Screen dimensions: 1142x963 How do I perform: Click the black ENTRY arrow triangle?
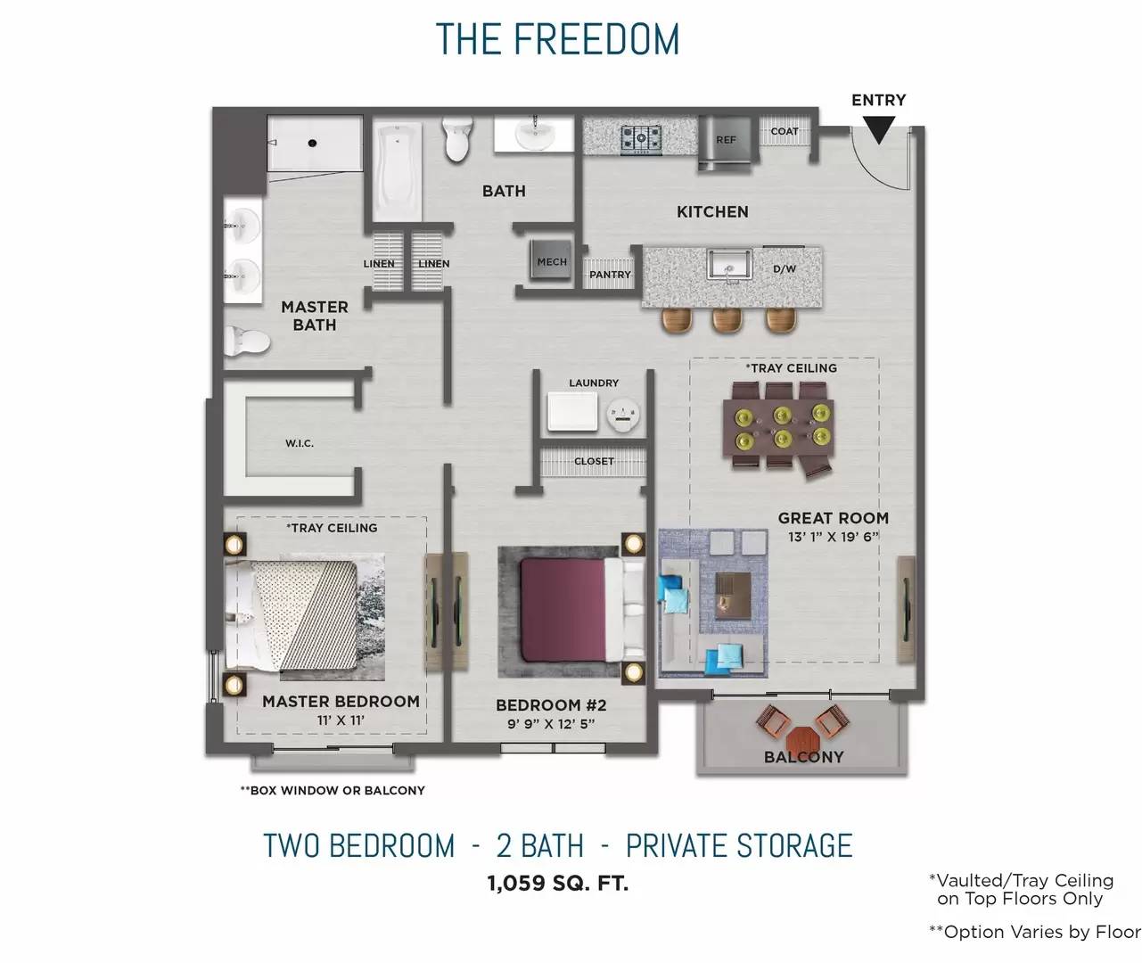878,129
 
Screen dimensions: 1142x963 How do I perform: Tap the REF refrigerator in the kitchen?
727,144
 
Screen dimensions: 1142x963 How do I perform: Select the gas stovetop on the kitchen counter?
641,139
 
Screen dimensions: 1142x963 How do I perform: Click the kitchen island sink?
729,265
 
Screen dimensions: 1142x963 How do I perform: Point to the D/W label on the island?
785,268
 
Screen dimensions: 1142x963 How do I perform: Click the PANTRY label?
610,274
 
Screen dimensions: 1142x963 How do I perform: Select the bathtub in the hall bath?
398,171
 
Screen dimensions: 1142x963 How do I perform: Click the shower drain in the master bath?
312,144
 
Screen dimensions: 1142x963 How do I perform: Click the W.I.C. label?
300,443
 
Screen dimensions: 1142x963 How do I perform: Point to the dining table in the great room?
778,428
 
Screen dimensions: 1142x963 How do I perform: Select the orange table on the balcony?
801,740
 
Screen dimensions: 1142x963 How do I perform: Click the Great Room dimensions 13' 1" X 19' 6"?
834,537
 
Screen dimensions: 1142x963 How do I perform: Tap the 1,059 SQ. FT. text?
558,883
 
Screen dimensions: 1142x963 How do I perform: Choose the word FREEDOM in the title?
596,39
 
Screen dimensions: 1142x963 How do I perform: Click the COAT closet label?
785,131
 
